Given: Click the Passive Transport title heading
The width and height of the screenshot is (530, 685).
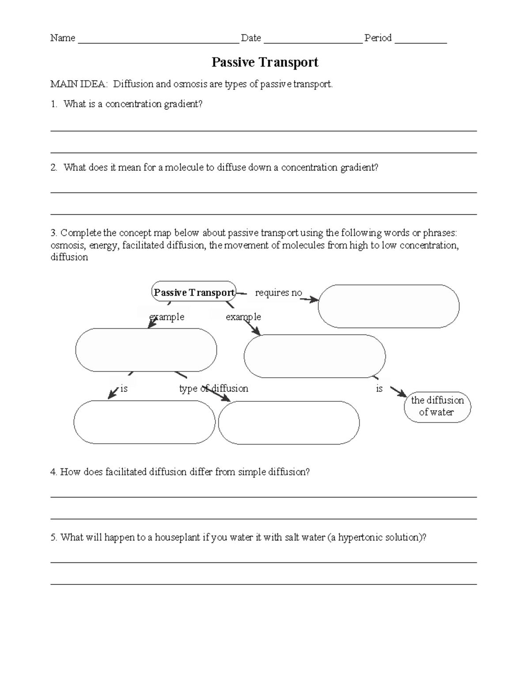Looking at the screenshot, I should pyautogui.click(x=265, y=62).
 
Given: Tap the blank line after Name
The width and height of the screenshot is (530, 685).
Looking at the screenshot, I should pyautogui.click(x=158, y=41).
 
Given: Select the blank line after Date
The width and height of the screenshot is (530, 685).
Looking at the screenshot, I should pyautogui.click(x=313, y=41).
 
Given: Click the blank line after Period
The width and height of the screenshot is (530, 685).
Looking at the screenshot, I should pyautogui.click(x=420, y=41).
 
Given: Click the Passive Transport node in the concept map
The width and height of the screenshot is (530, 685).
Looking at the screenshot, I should pyautogui.click(x=193, y=292).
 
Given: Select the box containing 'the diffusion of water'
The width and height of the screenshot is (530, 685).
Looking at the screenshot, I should pyautogui.click(x=437, y=407).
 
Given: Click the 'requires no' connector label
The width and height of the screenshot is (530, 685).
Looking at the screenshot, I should pyautogui.click(x=278, y=293).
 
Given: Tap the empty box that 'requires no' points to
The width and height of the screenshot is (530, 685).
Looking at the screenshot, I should pyautogui.click(x=388, y=307).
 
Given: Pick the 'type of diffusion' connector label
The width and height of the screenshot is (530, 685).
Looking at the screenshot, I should pyautogui.click(x=214, y=389).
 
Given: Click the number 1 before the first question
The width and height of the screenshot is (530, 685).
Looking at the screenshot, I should pyautogui.click(x=53, y=104).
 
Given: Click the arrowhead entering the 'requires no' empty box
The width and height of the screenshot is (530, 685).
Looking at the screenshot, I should pyautogui.click(x=314, y=300).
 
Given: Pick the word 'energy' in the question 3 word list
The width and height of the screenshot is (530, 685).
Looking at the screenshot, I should pyautogui.click(x=103, y=245).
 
